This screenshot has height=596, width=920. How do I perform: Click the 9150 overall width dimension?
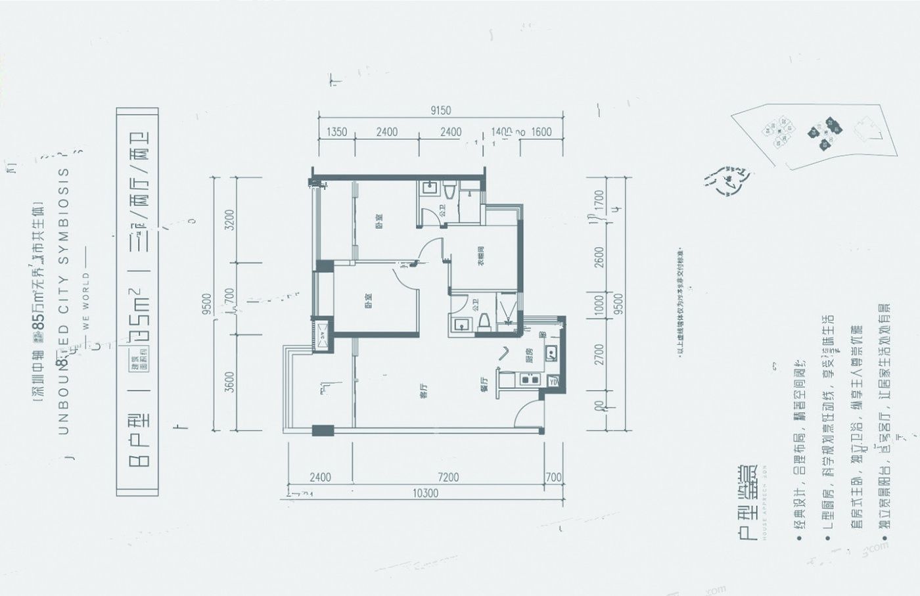pyautogui.click(x=441, y=111)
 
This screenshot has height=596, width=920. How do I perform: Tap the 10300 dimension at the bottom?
pyautogui.click(x=426, y=493)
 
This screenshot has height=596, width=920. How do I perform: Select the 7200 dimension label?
pyautogui.click(x=448, y=478)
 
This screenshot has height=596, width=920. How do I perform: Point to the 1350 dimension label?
pyautogui.click(x=336, y=132)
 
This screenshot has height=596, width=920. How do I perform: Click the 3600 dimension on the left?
pyautogui.click(x=229, y=382)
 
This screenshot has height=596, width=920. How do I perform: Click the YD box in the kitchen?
pyautogui.click(x=553, y=380)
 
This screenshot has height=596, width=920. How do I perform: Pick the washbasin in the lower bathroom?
pyautogui.click(x=459, y=323)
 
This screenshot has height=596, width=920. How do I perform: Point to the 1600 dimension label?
pyautogui.click(x=541, y=132)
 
